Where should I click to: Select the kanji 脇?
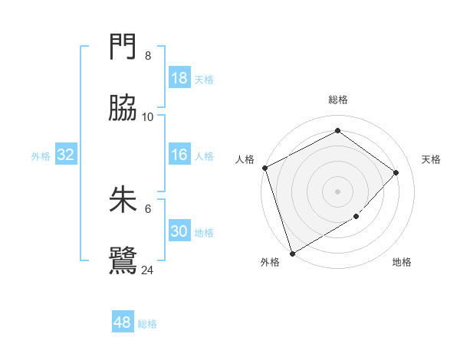[x=123, y=111]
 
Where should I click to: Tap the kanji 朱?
[x=123, y=201]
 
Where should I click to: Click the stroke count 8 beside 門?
[x=147, y=56]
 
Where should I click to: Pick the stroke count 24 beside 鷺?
[x=147, y=270]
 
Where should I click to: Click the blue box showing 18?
[x=179, y=78]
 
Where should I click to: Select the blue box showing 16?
[x=179, y=155]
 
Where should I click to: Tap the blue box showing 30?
[x=179, y=231]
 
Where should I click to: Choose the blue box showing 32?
[x=65, y=155]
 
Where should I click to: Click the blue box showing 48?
[x=122, y=322]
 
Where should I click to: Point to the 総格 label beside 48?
[x=147, y=324]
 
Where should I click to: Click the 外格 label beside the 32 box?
[x=41, y=155]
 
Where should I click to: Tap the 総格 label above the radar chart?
[x=337, y=100]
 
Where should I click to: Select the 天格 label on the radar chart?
[x=431, y=159]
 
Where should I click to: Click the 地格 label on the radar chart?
[x=402, y=262]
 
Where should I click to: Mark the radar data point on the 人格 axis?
[x=264, y=168]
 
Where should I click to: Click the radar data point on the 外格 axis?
[x=292, y=253]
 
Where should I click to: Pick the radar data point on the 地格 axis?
[x=356, y=217]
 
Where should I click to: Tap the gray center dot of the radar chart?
[x=337, y=191]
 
